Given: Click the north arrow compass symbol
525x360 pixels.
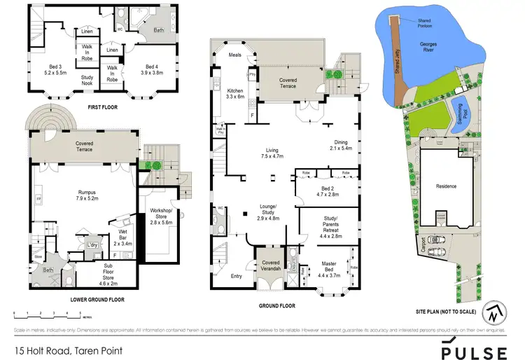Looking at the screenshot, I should pos(495,313).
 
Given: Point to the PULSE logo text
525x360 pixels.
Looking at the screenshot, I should pos(472,352).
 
